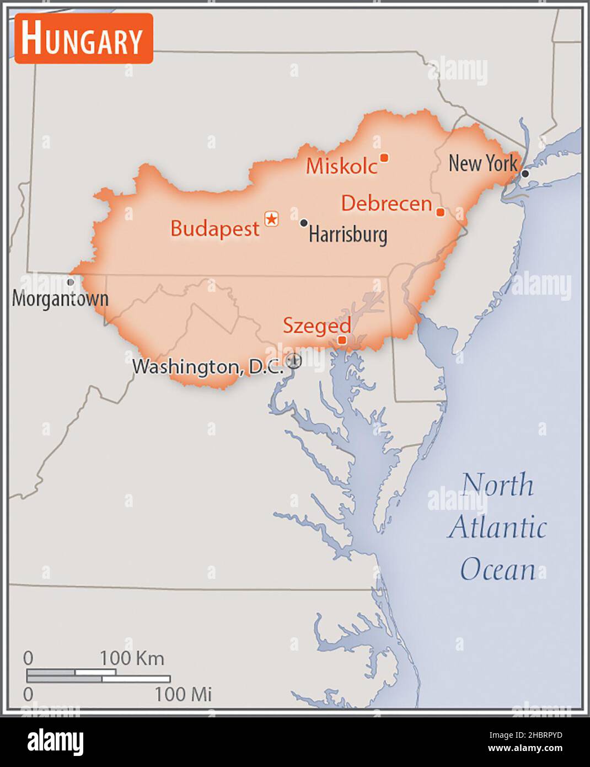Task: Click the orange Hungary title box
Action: pyautogui.click(x=84, y=39)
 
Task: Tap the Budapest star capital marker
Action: pyautogui.click(x=271, y=219)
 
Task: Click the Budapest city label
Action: pyautogui.click(x=214, y=228)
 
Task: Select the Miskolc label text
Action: pyautogui.click(x=341, y=166)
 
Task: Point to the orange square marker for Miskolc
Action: pyautogui.click(x=384, y=158)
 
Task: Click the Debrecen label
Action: pyautogui.click(x=386, y=203)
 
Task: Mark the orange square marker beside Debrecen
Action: pyautogui.click(x=440, y=212)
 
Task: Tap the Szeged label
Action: pyautogui.click(x=317, y=326)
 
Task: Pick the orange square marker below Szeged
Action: pyautogui.click(x=342, y=340)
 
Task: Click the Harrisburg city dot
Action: pyautogui.click(x=304, y=223)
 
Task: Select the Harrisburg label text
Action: pyautogui.click(x=347, y=235)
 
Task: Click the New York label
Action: pyautogui.click(x=482, y=163)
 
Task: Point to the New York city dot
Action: pyautogui.click(x=525, y=174)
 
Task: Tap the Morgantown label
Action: pyautogui.click(x=60, y=299)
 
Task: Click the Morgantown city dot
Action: pyautogui.click(x=71, y=282)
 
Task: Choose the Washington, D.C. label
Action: pyautogui.click(x=208, y=366)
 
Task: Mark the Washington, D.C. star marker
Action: pyautogui.click(x=294, y=361)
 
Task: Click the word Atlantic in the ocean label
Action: pyautogui.click(x=497, y=528)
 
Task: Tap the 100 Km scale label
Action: pyautogui.click(x=132, y=658)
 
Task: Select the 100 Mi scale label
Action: pyautogui.click(x=183, y=694)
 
